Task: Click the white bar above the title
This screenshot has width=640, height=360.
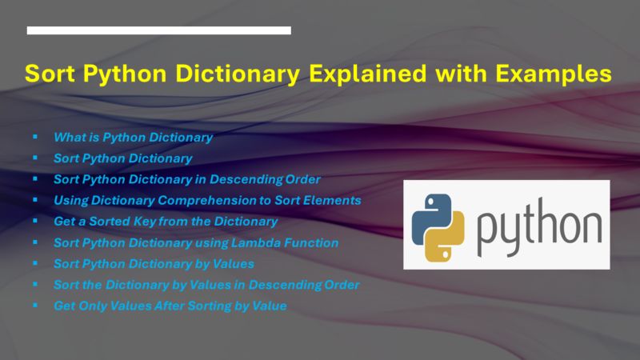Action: (158, 30)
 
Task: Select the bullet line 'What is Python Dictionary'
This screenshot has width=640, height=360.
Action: (133, 138)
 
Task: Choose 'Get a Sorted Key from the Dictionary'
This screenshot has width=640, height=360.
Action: (166, 221)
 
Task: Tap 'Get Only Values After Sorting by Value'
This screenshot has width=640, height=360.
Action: (170, 305)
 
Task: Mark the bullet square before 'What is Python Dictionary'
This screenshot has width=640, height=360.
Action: (35, 137)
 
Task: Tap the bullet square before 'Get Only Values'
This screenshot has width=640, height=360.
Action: (35, 305)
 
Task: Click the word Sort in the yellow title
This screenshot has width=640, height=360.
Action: (50, 74)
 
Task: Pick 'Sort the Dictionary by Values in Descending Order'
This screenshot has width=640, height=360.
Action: (206, 284)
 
